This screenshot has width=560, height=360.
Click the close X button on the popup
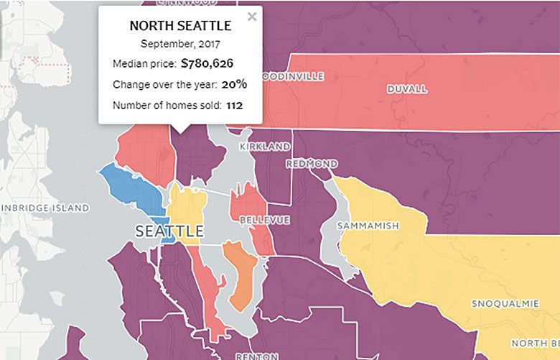[x=251, y=17]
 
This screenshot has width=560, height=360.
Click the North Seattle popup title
[x=180, y=26]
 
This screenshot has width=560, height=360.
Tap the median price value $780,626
[x=207, y=63]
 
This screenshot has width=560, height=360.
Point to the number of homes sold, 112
[x=235, y=106]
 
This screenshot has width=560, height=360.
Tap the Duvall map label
[x=406, y=89]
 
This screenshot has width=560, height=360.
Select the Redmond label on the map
[x=311, y=164]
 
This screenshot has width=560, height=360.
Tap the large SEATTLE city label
[x=169, y=231]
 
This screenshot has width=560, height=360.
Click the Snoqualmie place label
[x=505, y=304]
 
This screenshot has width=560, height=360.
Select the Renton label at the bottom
[x=252, y=355]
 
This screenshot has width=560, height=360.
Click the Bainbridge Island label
[x=45, y=208]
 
